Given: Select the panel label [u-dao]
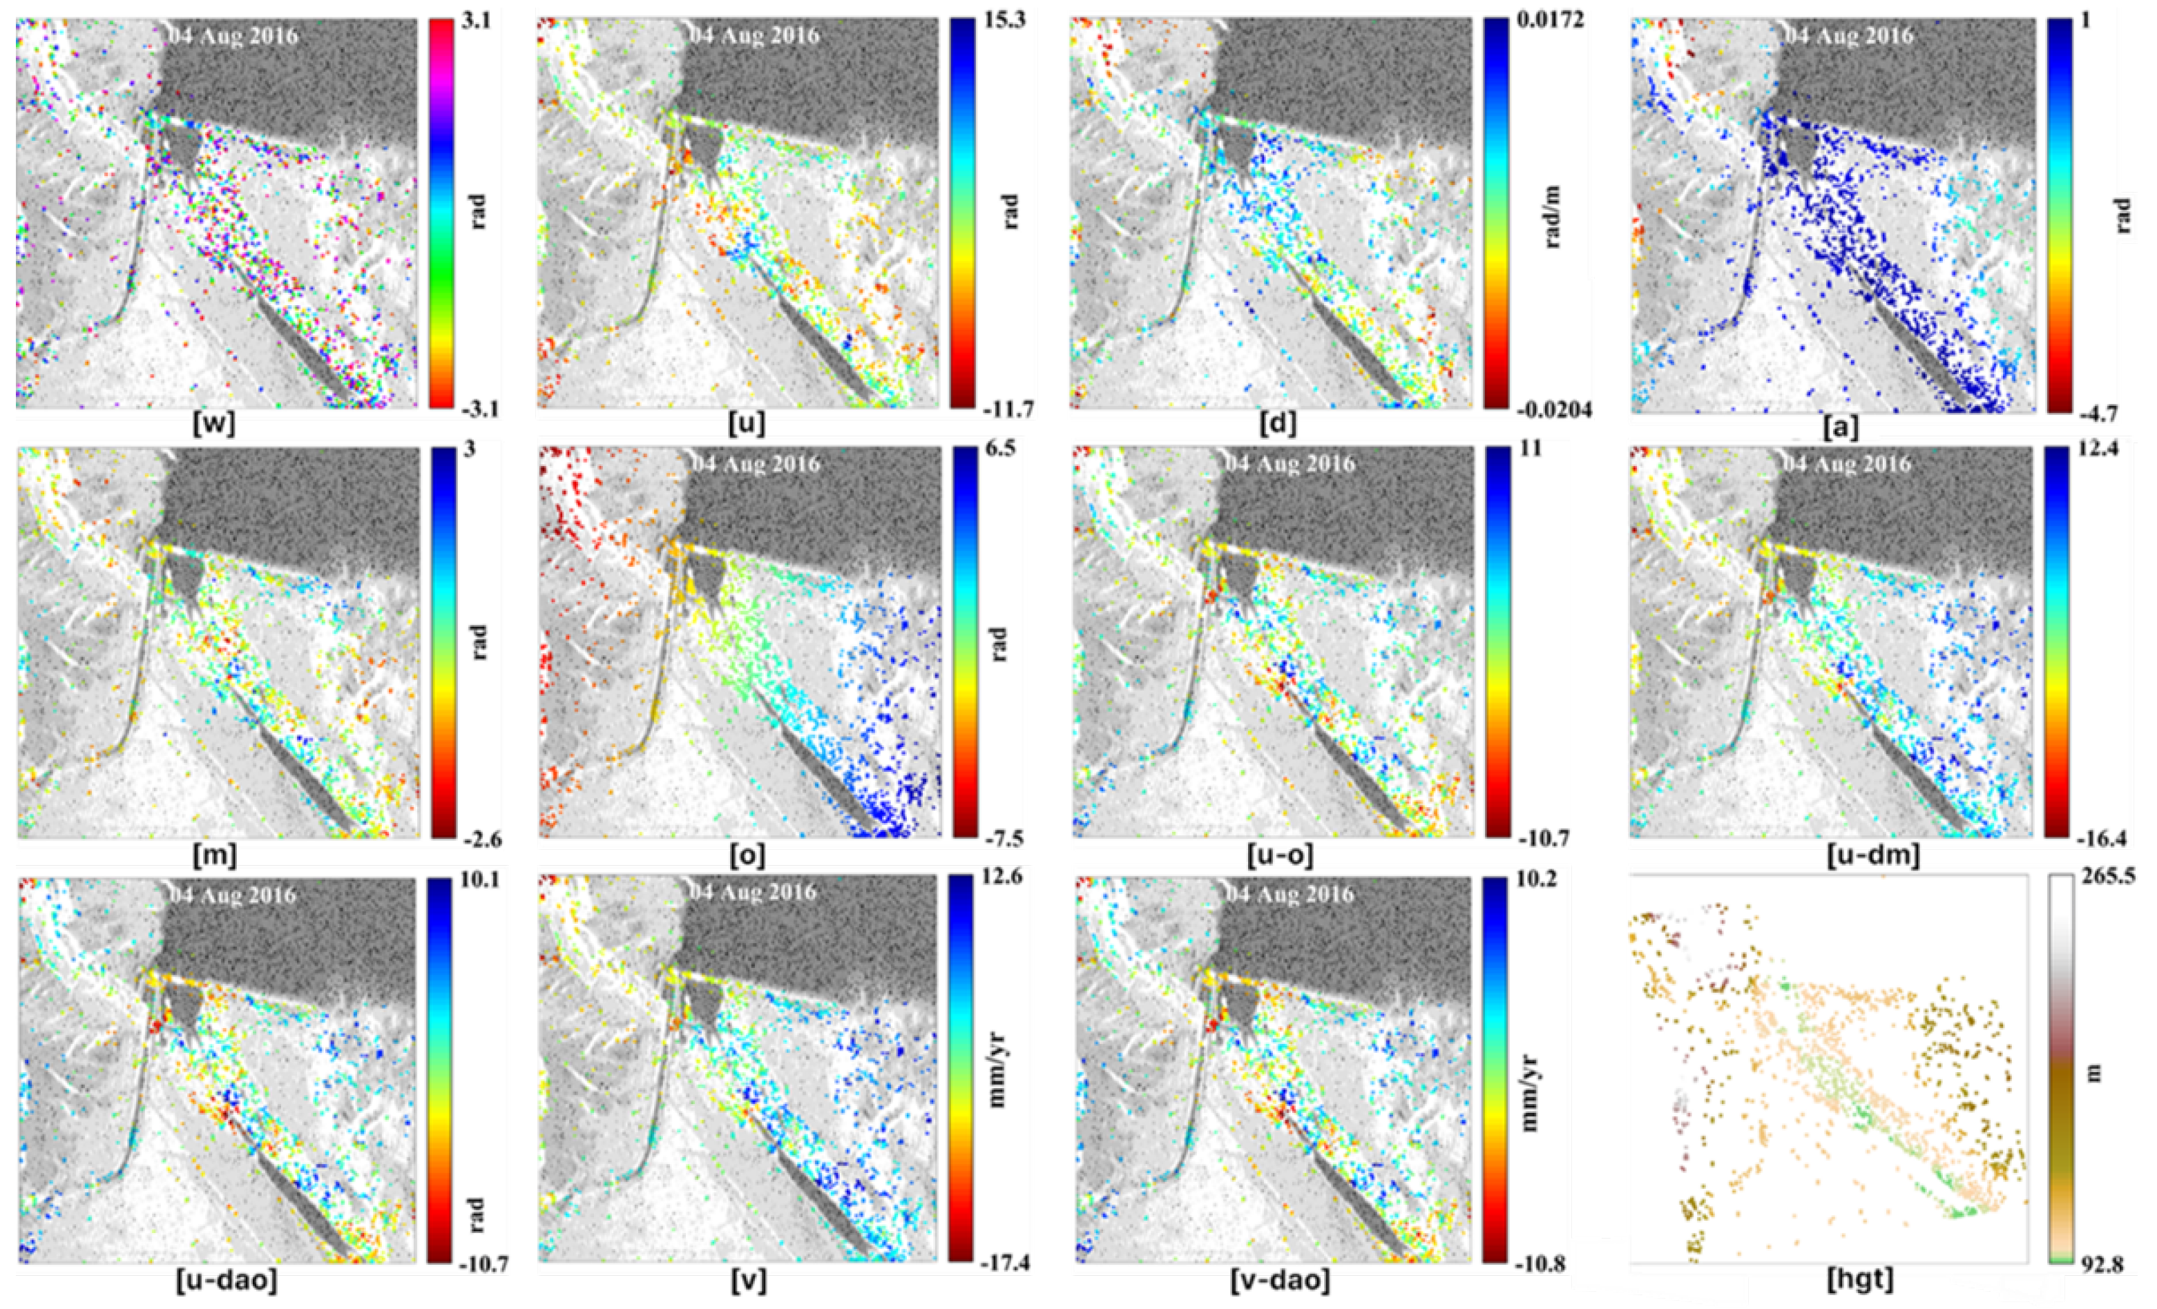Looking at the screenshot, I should coord(227,1281).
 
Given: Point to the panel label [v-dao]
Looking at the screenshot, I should coord(1280,1281).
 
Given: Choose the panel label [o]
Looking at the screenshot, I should coord(747,855).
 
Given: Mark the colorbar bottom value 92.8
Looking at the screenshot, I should coord(2099,1266).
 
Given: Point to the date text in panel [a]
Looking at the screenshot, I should coord(1849,36).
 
